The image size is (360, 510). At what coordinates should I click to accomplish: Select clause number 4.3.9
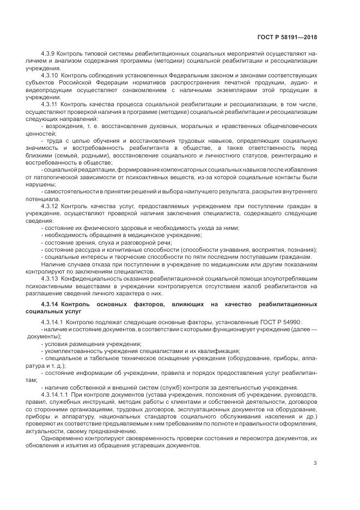point(49,54)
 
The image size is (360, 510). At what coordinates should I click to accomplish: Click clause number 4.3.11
point(50,104)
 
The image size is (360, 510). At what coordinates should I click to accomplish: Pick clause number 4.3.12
point(50,207)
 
